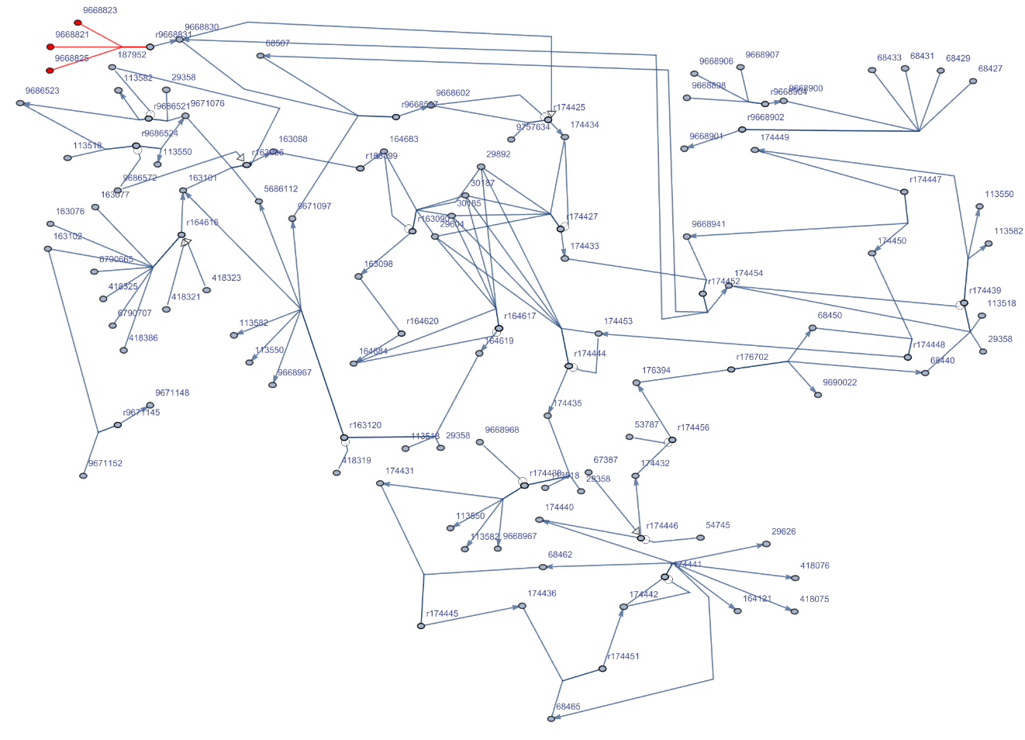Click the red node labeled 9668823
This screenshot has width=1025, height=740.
pyautogui.click(x=78, y=23)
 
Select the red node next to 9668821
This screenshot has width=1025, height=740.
pyautogui.click(x=50, y=47)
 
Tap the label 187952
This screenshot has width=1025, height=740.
pyautogui.click(x=132, y=55)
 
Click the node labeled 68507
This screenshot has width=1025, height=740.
pyautogui.click(x=261, y=56)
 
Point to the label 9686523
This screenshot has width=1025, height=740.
pyautogui.click(x=42, y=91)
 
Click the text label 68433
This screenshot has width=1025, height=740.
pyautogui.click(x=889, y=58)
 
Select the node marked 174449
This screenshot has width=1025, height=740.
pyautogui.click(x=754, y=150)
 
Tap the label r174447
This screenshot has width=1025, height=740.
pyautogui.click(x=925, y=180)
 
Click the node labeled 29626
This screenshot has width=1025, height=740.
pyautogui.click(x=766, y=544)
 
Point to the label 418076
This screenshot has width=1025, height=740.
pyautogui.click(x=814, y=566)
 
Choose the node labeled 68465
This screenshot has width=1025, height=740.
pyautogui.click(x=551, y=719)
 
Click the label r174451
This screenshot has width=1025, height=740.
pyautogui.click(x=623, y=656)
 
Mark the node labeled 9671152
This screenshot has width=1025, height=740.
pyautogui.click(x=83, y=475)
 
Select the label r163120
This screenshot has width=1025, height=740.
pyautogui.click(x=364, y=426)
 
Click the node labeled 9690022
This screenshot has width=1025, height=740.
pyautogui.click(x=818, y=395)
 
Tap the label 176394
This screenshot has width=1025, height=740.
pyautogui.click(x=656, y=371)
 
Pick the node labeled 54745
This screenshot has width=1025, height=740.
pyautogui.click(x=701, y=538)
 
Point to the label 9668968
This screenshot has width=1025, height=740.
pyautogui.click(x=502, y=431)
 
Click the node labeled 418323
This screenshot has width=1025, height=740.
pyautogui.click(x=206, y=290)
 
